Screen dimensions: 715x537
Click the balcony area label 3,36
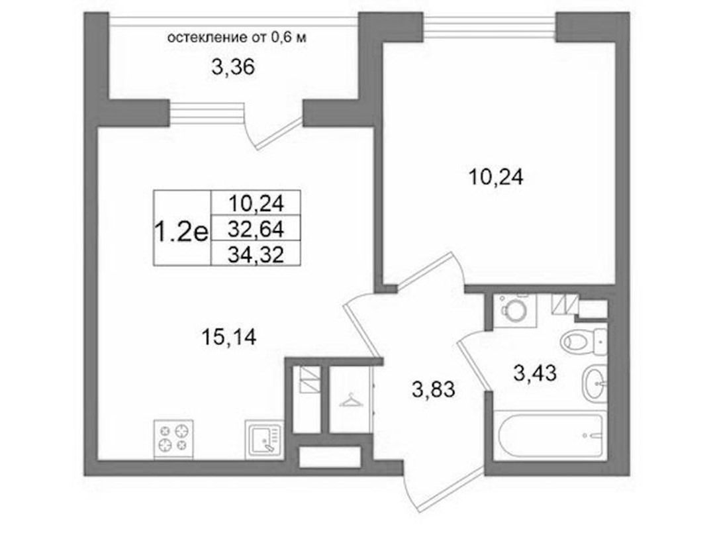232,68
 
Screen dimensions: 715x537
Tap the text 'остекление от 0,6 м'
236,38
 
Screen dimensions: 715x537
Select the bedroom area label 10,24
496,177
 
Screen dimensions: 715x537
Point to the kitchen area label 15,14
228,337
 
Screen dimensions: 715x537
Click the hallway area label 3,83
433,390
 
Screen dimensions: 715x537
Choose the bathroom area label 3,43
535,373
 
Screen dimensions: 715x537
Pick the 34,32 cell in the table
256,254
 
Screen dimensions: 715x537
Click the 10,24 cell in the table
256,203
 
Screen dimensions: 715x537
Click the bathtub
550,435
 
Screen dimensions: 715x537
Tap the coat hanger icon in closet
350,401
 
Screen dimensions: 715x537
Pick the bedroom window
490,26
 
